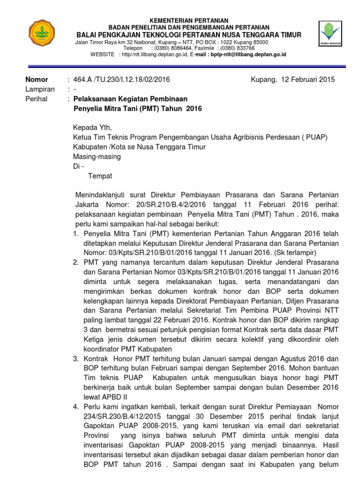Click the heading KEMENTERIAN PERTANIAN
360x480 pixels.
189,21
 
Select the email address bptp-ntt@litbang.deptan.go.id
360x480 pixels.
248,54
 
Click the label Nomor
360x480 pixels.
36,80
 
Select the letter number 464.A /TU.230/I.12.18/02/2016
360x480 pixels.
122,80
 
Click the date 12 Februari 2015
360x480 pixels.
308,80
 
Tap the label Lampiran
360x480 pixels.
39,89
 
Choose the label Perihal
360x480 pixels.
36,99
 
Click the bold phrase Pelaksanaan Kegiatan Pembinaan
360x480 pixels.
131,99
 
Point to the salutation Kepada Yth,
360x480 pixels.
93,127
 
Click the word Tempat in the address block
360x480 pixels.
100,176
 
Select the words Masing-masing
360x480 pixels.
97,157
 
